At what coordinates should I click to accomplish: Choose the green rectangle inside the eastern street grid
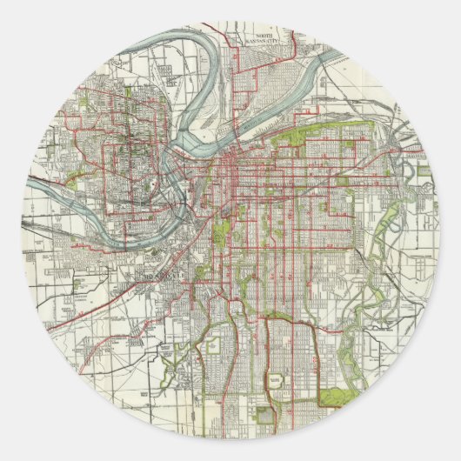[x=342, y=182]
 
